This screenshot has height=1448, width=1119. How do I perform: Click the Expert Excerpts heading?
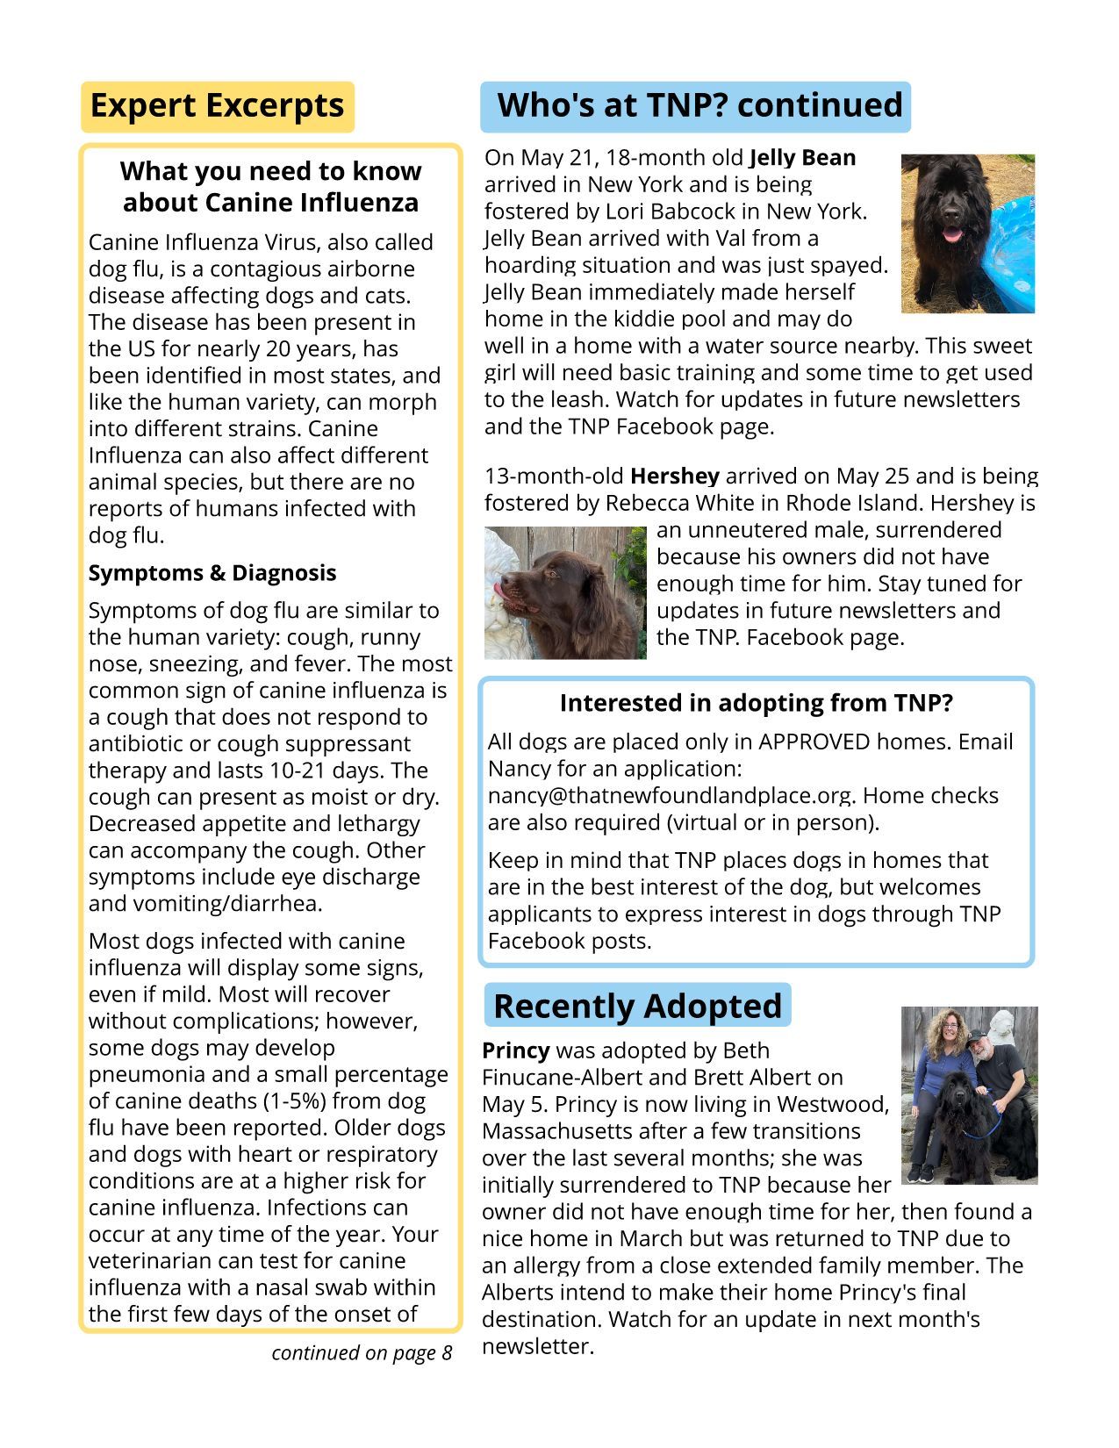[x=217, y=105]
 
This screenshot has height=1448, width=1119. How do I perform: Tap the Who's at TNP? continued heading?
[x=699, y=104]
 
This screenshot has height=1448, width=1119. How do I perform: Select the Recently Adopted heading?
[x=637, y=1006]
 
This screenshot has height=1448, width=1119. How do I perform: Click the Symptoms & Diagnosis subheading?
[x=212, y=573]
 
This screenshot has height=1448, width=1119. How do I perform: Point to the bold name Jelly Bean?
[x=802, y=158]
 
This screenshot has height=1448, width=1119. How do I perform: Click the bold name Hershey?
[x=674, y=477]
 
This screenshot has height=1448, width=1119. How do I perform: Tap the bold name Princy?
[x=515, y=1050]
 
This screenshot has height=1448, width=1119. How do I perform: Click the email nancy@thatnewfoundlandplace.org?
[x=669, y=796]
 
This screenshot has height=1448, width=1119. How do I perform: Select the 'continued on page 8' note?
[x=361, y=1353]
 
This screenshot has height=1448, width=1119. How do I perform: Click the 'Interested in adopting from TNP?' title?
[x=756, y=704]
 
